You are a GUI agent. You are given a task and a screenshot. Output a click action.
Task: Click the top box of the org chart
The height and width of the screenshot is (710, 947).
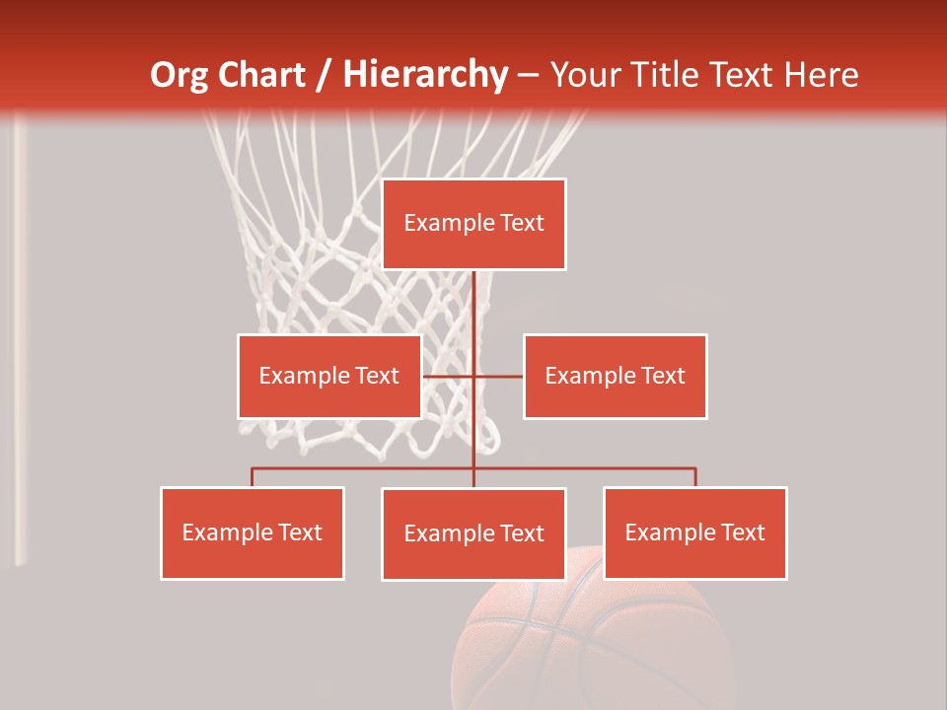(473, 224)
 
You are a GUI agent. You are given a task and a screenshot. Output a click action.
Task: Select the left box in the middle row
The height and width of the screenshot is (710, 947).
(329, 376)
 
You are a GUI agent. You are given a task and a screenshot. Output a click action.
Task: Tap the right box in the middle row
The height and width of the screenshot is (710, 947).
(615, 376)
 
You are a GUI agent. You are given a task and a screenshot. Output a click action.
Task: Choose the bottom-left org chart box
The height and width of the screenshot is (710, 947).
(253, 532)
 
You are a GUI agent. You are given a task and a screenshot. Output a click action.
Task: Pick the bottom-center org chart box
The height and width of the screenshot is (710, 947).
(473, 533)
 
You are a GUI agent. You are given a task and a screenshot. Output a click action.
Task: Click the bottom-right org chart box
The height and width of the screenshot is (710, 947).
(694, 532)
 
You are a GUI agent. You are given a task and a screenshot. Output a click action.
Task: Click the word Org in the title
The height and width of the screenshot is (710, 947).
(183, 75)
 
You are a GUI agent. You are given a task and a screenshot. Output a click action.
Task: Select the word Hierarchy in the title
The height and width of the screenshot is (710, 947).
(425, 75)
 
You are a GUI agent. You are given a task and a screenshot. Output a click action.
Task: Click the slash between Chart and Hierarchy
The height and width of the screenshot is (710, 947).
(324, 75)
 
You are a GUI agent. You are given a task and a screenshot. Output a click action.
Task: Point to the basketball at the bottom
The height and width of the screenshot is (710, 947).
(592, 641)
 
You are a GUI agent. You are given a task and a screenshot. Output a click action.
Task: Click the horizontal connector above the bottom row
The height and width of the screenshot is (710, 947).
(365, 468)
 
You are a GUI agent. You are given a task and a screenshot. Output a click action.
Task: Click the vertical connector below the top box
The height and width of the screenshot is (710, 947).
(473, 306)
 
